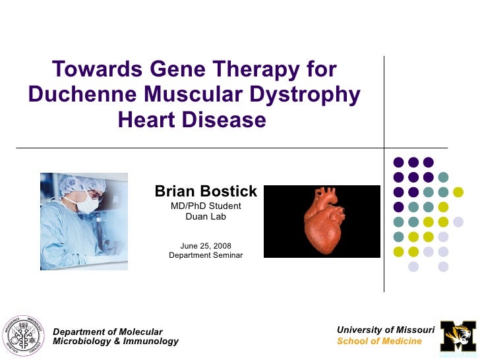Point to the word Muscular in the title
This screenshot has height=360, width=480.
pos(195,95)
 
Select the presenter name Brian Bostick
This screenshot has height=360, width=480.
pos(206,192)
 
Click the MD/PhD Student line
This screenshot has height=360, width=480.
pos(206,206)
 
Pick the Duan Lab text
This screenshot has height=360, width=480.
pos(206,217)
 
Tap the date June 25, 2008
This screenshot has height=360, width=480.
pos(206,246)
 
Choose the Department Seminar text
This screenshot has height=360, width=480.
pos(206,256)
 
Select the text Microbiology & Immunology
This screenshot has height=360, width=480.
pos(115,342)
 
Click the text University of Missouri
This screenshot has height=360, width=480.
pos(386,330)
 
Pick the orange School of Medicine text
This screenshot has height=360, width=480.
pos(379,341)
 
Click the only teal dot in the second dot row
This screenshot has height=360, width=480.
pos(443,177)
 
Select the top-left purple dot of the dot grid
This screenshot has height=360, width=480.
pos(398,162)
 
